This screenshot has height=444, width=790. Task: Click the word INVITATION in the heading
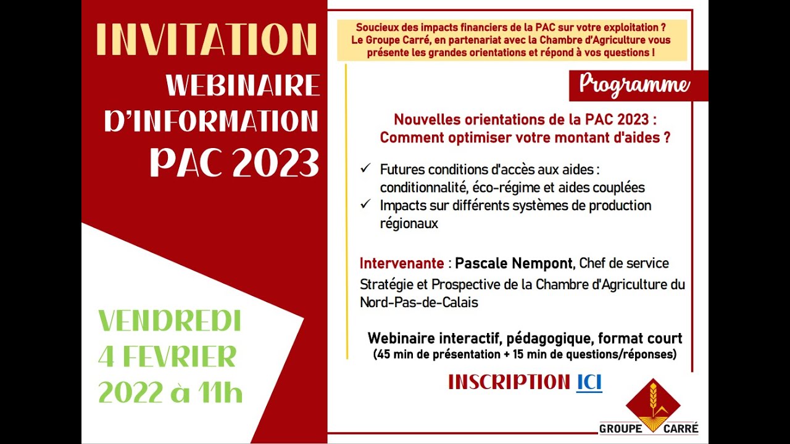coord(206,39)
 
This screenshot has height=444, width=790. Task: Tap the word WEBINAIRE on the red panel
coord(243,86)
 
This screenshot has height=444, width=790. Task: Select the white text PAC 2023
coord(235,163)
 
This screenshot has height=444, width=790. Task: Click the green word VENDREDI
coord(170,321)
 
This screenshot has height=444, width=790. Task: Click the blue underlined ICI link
coord(589,382)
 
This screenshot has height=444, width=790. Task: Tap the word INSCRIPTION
coord(509,382)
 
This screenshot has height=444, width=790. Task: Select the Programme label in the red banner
coord(634,85)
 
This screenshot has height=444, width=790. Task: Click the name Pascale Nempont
coord(513,263)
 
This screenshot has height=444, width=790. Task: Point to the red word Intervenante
coord(402,263)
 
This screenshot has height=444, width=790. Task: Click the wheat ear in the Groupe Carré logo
coord(653,400)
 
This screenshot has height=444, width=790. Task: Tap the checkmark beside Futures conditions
coord(365,168)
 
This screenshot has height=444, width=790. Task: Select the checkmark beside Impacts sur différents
coord(365,203)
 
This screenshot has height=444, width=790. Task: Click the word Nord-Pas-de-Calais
coord(419,302)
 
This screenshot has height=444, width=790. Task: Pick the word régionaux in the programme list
coord(409,224)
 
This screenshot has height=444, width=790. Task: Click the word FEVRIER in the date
coord(179,356)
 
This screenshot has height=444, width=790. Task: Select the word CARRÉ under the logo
coord(681,429)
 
